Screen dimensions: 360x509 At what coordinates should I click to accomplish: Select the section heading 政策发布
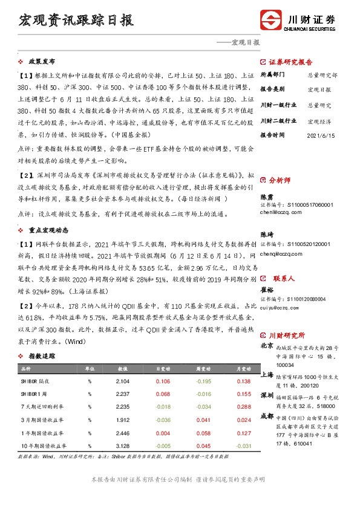pyautogui.click(x=42, y=62)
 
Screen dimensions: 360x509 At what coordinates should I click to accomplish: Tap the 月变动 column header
pyautogui.click(x=243, y=368)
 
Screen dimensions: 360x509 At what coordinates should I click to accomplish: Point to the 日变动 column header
pyautogui.click(x=163, y=368)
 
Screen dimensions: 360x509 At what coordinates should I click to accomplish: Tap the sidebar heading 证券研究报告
pyautogui.click(x=290, y=62)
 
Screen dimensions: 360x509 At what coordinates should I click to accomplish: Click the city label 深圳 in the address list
pyautogui.click(x=266, y=395)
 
